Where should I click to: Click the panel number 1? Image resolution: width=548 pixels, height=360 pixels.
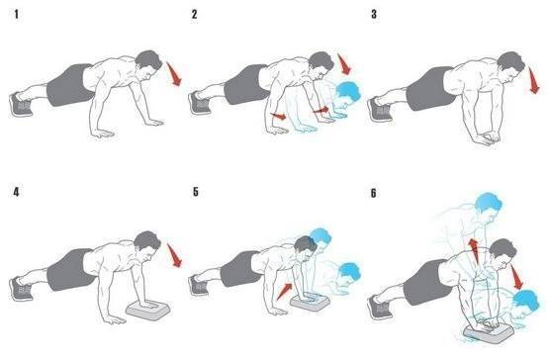pos(16,14)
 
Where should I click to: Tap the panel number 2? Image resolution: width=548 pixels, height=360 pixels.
pos(194,14)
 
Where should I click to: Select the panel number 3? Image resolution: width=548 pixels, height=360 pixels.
pos(374,14)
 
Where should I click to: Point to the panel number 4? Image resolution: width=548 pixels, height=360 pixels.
pos(16,192)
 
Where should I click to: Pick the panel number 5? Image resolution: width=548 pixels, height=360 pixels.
pos(196,192)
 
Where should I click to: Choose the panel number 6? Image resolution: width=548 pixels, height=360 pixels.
pos(374,193)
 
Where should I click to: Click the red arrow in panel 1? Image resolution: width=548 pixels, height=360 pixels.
pos(174,74)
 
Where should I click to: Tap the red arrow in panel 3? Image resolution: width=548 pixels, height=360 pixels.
pos(534,81)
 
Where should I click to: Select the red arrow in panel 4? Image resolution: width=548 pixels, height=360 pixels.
pos(174,255)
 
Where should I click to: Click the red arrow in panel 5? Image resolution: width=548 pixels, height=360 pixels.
pos(284,292)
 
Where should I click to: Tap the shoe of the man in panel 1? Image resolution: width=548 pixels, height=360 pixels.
pos(21,105)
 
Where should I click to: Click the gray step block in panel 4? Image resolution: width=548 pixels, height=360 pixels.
pos(148,310)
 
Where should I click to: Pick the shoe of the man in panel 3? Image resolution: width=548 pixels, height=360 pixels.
pos(380,110)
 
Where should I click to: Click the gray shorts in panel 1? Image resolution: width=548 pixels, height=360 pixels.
pos(69,85)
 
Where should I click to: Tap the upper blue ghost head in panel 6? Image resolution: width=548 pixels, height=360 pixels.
pos(489,203)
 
